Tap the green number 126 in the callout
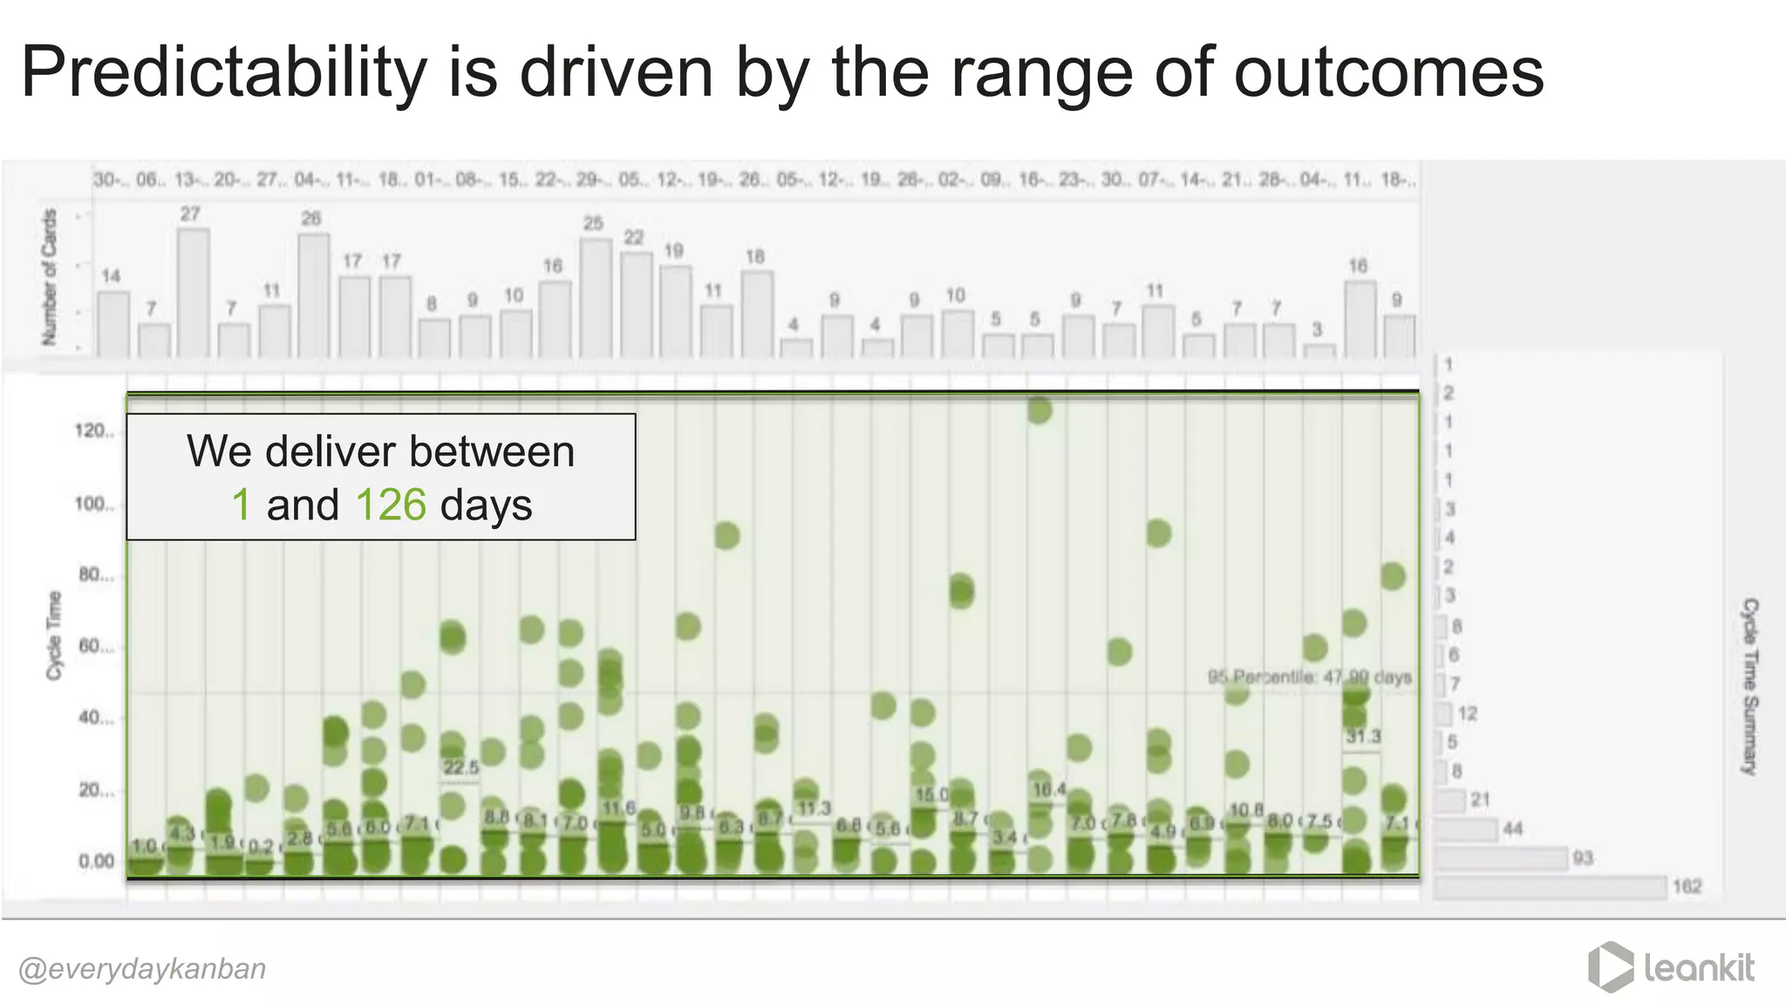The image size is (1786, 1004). point(391,505)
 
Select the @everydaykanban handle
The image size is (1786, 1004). point(142,969)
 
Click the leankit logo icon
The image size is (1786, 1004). point(1610,967)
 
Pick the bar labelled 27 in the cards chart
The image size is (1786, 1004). point(193,292)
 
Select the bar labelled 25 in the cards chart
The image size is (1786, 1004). point(595,297)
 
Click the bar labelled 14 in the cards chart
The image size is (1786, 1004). point(112,323)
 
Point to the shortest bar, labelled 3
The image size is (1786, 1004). point(1319,350)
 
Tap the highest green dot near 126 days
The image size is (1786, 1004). point(1039,410)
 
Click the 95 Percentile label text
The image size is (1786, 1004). point(1309,677)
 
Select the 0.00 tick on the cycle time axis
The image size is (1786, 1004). point(96,861)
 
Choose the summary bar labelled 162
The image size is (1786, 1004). point(1550,887)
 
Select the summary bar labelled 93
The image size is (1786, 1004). point(1501,858)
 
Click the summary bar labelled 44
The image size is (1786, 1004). point(1466,829)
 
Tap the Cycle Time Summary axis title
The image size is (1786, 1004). point(1749,686)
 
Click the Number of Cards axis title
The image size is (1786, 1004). point(50,277)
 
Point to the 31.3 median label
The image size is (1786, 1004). point(1363,737)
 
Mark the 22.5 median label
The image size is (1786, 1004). point(460,768)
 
